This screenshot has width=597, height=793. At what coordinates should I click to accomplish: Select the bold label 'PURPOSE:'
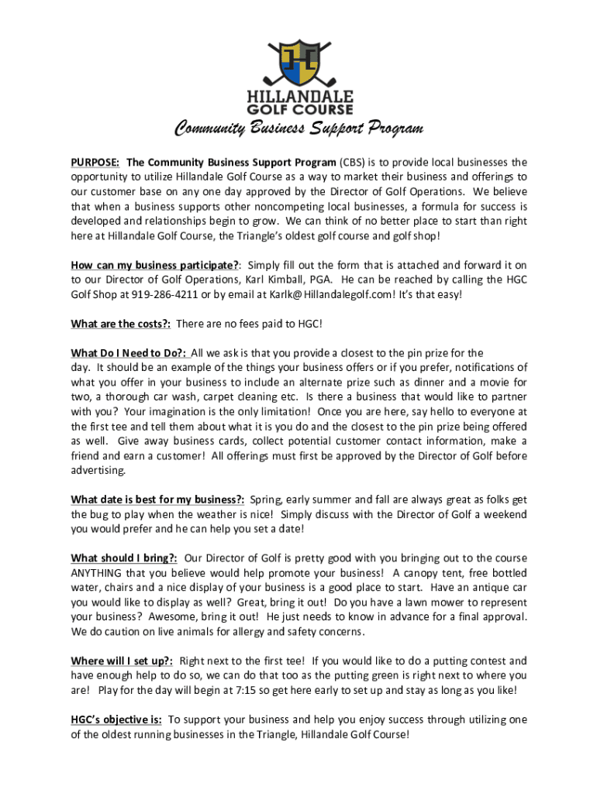95,163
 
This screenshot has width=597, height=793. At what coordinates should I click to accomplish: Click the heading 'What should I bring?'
124,558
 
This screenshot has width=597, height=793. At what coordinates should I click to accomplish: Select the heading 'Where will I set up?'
122,661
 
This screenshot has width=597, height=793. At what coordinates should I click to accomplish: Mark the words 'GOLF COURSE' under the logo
299,110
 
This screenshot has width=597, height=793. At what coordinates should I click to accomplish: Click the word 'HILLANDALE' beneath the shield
299,97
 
